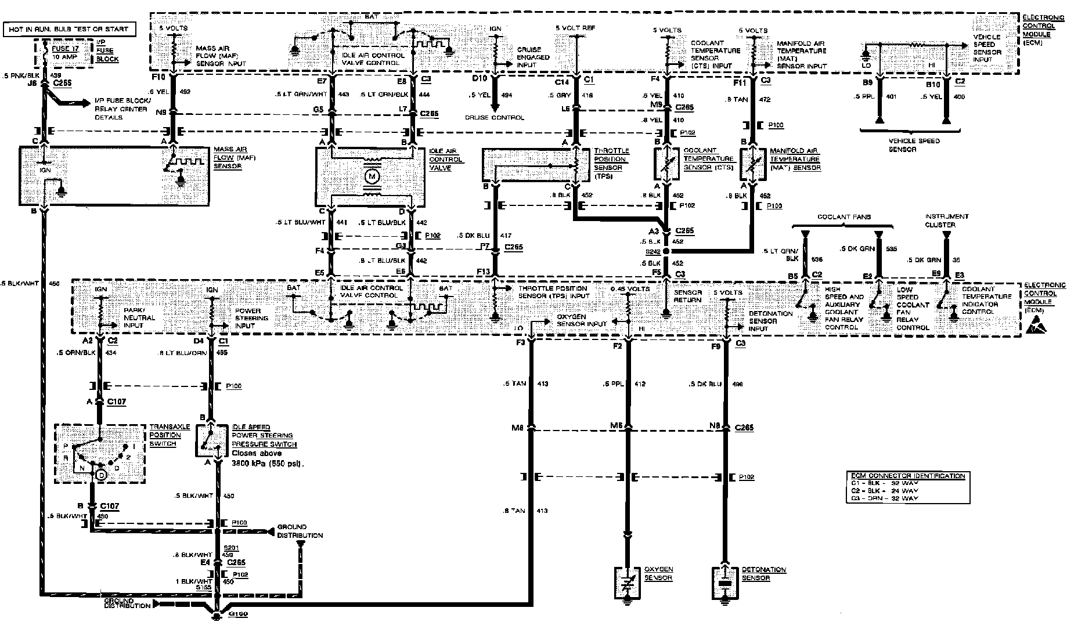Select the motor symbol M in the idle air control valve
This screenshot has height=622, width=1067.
click(370, 175)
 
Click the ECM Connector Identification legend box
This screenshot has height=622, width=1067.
click(906, 487)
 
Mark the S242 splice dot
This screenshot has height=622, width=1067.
click(666, 251)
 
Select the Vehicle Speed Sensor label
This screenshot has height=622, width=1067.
click(914, 145)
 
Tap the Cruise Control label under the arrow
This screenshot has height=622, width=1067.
click(495, 117)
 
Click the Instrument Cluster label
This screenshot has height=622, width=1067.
click(947, 220)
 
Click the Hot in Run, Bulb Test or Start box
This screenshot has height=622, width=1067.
click(69, 28)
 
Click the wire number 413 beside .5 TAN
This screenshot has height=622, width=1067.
click(543, 384)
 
